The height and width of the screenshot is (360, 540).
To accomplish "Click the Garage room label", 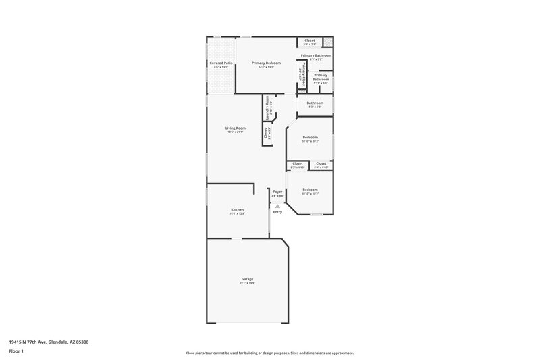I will (x=247, y=279).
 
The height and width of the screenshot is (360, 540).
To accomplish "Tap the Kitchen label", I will (x=237, y=209).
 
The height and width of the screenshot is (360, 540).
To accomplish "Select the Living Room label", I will (x=236, y=128).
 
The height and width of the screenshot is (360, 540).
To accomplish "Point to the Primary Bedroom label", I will (x=266, y=63).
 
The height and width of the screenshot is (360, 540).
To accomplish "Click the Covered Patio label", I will (x=221, y=63).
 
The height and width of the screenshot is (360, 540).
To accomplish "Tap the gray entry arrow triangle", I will (x=277, y=207).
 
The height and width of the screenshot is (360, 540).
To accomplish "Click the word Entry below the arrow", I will (x=277, y=212).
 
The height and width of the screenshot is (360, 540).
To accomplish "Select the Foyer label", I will (x=277, y=192).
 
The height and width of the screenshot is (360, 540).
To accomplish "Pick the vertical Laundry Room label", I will (x=268, y=107).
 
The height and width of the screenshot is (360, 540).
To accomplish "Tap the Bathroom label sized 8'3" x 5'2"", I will (x=315, y=103).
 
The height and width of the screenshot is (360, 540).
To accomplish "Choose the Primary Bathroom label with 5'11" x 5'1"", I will (x=321, y=77).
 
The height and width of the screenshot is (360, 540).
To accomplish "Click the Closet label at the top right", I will (x=309, y=41).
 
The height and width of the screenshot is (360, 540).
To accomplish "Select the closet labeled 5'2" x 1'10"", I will (x=297, y=163).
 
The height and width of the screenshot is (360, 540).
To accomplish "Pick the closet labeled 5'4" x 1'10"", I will (x=321, y=163).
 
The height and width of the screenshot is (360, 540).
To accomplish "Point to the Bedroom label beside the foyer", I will (x=310, y=190).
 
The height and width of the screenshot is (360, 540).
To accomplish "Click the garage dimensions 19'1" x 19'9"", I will (x=247, y=283).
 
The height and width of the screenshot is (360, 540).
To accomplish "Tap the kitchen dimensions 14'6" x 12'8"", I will (x=237, y=213).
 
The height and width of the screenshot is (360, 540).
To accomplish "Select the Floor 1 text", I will (x=16, y=352).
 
